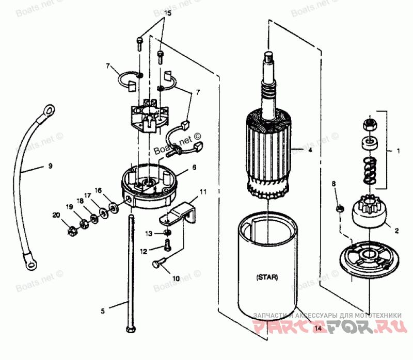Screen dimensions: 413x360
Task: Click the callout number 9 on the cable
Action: pyautogui.click(x=50, y=166)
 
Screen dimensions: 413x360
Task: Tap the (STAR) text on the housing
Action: pyautogui.click(x=267, y=277)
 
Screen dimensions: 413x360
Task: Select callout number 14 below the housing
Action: pyautogui.click(x=317, y=328)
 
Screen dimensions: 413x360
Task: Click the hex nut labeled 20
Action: pyautogui.click(x=72, y=230)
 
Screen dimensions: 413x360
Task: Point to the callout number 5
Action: pyautogui.click(x=102, y=311)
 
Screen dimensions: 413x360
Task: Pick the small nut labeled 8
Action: pyautogui.click(x=340, y=208)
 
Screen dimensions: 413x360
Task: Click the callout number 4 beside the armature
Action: pyautogui.click(x=310, y=151)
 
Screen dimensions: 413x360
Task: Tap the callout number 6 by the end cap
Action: pyautogui.click(x=194, y=168)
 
